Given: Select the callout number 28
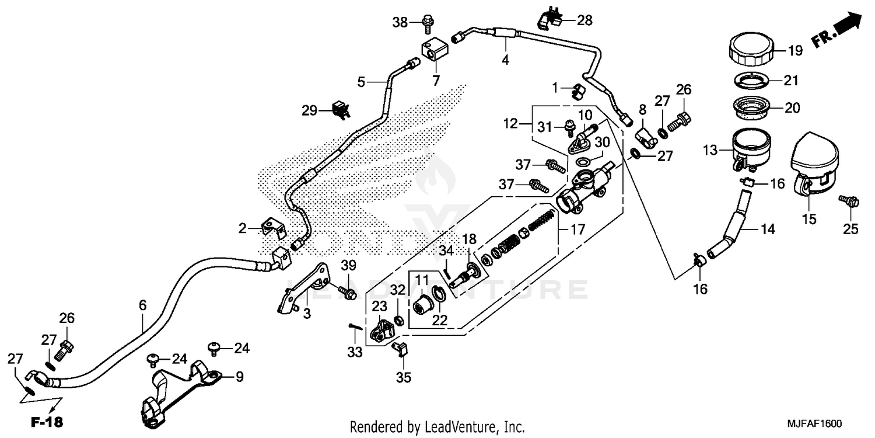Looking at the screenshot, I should coord(584,21).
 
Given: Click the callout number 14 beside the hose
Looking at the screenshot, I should coord(768,230).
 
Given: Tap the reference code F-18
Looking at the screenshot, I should coord(47,422).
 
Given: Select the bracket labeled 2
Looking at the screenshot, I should coord(272,227).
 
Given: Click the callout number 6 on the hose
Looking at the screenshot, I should coord(142,304).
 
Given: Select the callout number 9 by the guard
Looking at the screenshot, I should coord(239,377).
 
